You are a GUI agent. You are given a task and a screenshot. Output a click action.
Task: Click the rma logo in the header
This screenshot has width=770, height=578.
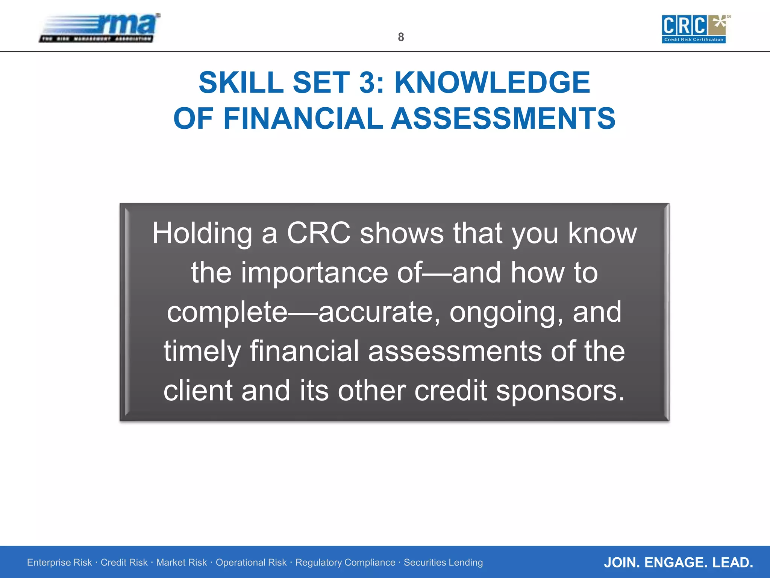(100, 28)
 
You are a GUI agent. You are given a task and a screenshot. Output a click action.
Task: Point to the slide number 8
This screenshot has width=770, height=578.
(401, 37)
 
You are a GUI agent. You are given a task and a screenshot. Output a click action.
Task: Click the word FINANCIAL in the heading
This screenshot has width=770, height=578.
(303, 118)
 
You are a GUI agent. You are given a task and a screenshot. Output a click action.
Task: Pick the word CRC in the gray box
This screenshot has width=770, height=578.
(318, 233)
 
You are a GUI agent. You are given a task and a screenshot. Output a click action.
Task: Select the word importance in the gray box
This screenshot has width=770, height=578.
(314, 273)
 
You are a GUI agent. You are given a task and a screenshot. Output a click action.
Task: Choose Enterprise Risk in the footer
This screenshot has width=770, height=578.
(59, 562)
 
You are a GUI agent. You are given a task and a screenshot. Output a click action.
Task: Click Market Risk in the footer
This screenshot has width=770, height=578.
(181, 562)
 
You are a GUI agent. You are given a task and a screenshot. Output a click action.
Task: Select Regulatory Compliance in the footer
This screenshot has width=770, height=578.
(345, 562)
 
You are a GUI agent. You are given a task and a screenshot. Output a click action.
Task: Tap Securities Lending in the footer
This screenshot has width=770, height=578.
(443, 562)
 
